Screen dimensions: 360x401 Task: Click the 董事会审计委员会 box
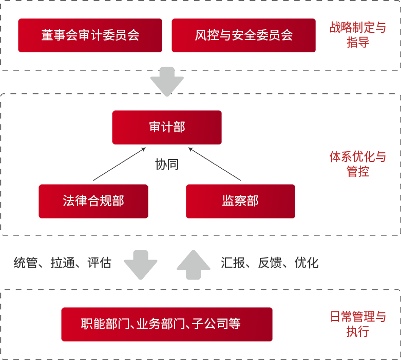pyautogui.click(x=90, y=35)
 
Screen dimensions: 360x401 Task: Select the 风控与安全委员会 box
pyautogui.click(x=243, y=35)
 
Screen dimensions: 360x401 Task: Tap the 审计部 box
pyautogui.click(x=167, y=127)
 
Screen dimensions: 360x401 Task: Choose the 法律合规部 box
pyautogui.click(x=93, y=201)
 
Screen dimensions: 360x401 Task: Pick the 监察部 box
pyautogui.click(x=240, y=201)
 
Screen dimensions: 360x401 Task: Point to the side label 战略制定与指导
pyautogui.click(x=357, y=35)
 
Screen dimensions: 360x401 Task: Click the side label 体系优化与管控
pyautogui.click(x=357, y=164)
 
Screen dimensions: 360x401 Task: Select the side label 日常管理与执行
pyautogui.click(x=357, y=324)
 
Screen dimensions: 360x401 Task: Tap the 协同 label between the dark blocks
pyautogui.click(x=167, y=164)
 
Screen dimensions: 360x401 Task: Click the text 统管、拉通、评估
pyautogui.click(x=62, y=263)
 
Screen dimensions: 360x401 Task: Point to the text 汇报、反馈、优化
pyautogui.click(x=270, y=263)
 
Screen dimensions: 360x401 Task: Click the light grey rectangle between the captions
pyautogui.click(x=167, y=265)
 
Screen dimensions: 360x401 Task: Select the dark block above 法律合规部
pyautogui.click(x=118, y=165)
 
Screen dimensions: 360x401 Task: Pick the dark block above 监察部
pyautogui.click(x=216, y=165)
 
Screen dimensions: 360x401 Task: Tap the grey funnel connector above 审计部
pyautogui.click(x=167, y=82)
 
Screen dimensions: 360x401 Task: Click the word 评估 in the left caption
pyautogui.click(x=99, y=263)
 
